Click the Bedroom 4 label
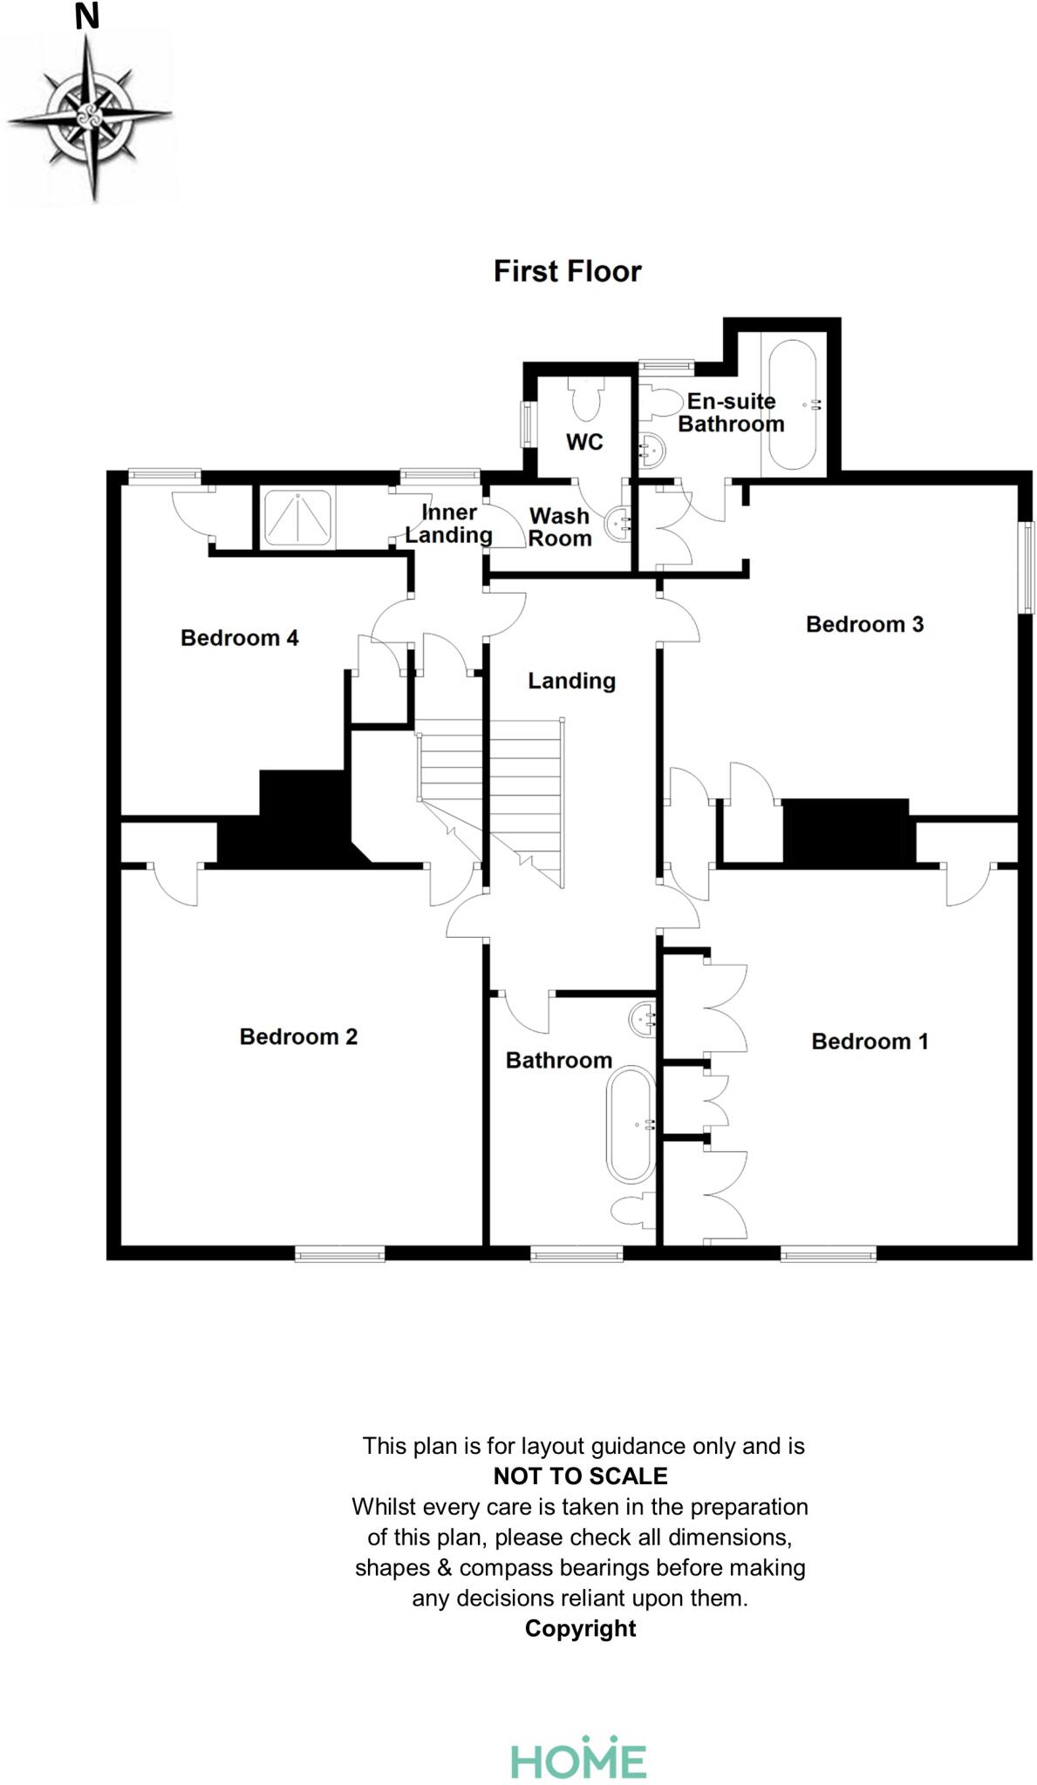239,638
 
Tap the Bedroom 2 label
298,1036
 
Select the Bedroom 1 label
870,1041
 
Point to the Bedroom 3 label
864,624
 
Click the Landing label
571,681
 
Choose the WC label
584,442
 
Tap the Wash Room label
560,527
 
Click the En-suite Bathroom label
731,412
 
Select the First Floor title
567,271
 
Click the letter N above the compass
87,17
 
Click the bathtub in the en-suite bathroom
792,404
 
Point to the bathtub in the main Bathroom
631,1124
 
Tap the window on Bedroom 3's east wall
1030,567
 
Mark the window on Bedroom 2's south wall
339,1254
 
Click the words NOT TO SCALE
580,1476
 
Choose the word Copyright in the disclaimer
580,1628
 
